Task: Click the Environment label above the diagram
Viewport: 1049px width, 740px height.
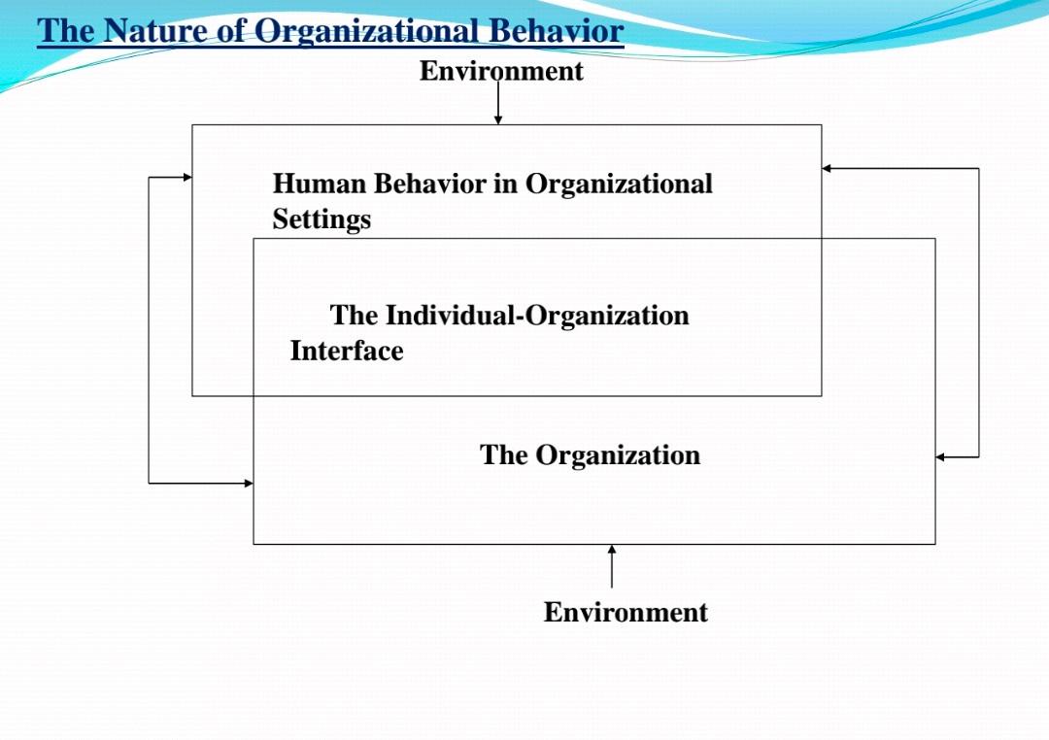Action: point(501,71)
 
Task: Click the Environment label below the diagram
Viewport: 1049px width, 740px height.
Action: point(626,612)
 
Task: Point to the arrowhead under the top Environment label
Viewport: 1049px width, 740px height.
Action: point(498,119)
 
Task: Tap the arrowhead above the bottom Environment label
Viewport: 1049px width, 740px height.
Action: point(612,551)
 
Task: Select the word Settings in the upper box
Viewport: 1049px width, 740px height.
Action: point(321,219)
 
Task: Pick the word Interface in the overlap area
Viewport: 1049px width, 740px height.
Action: point(347,351)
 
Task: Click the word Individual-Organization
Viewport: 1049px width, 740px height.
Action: point(537,316)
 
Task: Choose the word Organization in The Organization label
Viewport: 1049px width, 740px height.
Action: point(618,455)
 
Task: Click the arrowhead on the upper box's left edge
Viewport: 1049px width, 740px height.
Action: point(186,177)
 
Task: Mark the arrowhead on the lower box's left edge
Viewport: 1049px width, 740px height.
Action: point(248,483)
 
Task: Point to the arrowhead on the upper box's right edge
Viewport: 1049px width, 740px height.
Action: point(828,168)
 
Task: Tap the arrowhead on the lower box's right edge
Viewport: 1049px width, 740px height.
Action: point(941,456)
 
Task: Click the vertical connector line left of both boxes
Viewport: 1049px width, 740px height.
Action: point(149,330)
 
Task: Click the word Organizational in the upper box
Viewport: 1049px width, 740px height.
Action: point(619,184)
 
